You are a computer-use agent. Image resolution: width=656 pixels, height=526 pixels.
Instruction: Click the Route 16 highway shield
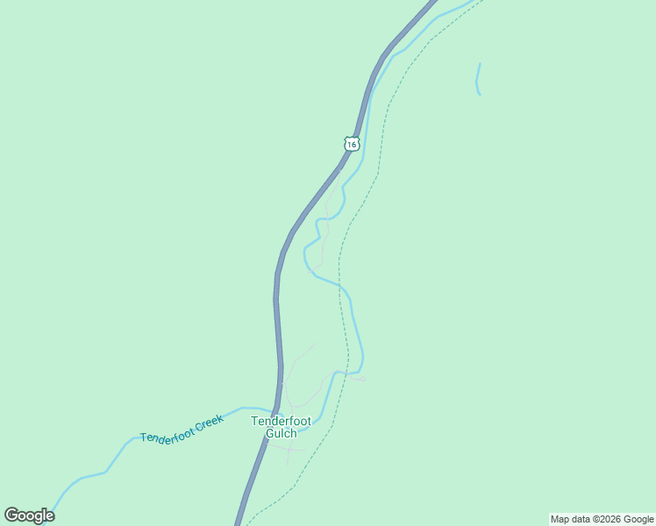tap(352, 143)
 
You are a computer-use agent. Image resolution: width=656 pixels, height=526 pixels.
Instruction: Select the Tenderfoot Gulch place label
tap(281, 427)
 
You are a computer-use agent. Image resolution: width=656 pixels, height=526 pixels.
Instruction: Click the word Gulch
tap(281, 433)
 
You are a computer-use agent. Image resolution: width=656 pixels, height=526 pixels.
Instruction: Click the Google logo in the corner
tap(29, 515)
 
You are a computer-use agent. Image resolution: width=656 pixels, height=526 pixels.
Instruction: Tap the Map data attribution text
tap(602, 519)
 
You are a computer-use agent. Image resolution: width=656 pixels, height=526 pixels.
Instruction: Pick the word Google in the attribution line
tap(638, 519)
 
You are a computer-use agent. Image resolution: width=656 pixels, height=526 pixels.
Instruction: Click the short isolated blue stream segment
tap(478, 79)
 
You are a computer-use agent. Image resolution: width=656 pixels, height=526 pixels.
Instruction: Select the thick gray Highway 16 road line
tap(278, 307)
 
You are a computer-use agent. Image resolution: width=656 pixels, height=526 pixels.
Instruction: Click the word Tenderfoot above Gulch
tap(281, 421)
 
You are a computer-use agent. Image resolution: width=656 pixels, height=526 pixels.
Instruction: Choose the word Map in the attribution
tap(560, 519)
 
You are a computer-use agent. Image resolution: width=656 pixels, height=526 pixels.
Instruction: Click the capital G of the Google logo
tap(12, 515)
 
